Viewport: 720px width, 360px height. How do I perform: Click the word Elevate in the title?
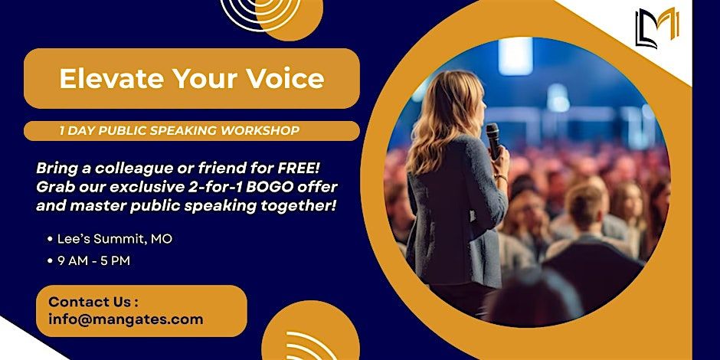(112, 79)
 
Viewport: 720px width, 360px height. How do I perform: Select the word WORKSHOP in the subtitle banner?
(260, 131)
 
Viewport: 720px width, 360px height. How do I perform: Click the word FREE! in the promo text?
(299, 169)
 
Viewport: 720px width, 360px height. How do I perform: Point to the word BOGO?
(275, 188)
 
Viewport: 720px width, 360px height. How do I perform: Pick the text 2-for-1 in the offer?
(224, 188)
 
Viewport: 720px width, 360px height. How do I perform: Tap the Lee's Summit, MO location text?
(115, 239)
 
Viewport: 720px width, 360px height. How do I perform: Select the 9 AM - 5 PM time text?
(93, 261)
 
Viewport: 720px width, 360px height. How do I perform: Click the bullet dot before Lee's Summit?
(50, 239)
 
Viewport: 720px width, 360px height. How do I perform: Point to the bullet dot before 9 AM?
(50, 261)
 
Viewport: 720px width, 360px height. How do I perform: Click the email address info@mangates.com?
(126, 319)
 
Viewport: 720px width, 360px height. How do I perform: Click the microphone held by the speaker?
(493, 141)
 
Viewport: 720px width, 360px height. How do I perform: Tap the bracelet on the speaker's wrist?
(501, 177)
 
